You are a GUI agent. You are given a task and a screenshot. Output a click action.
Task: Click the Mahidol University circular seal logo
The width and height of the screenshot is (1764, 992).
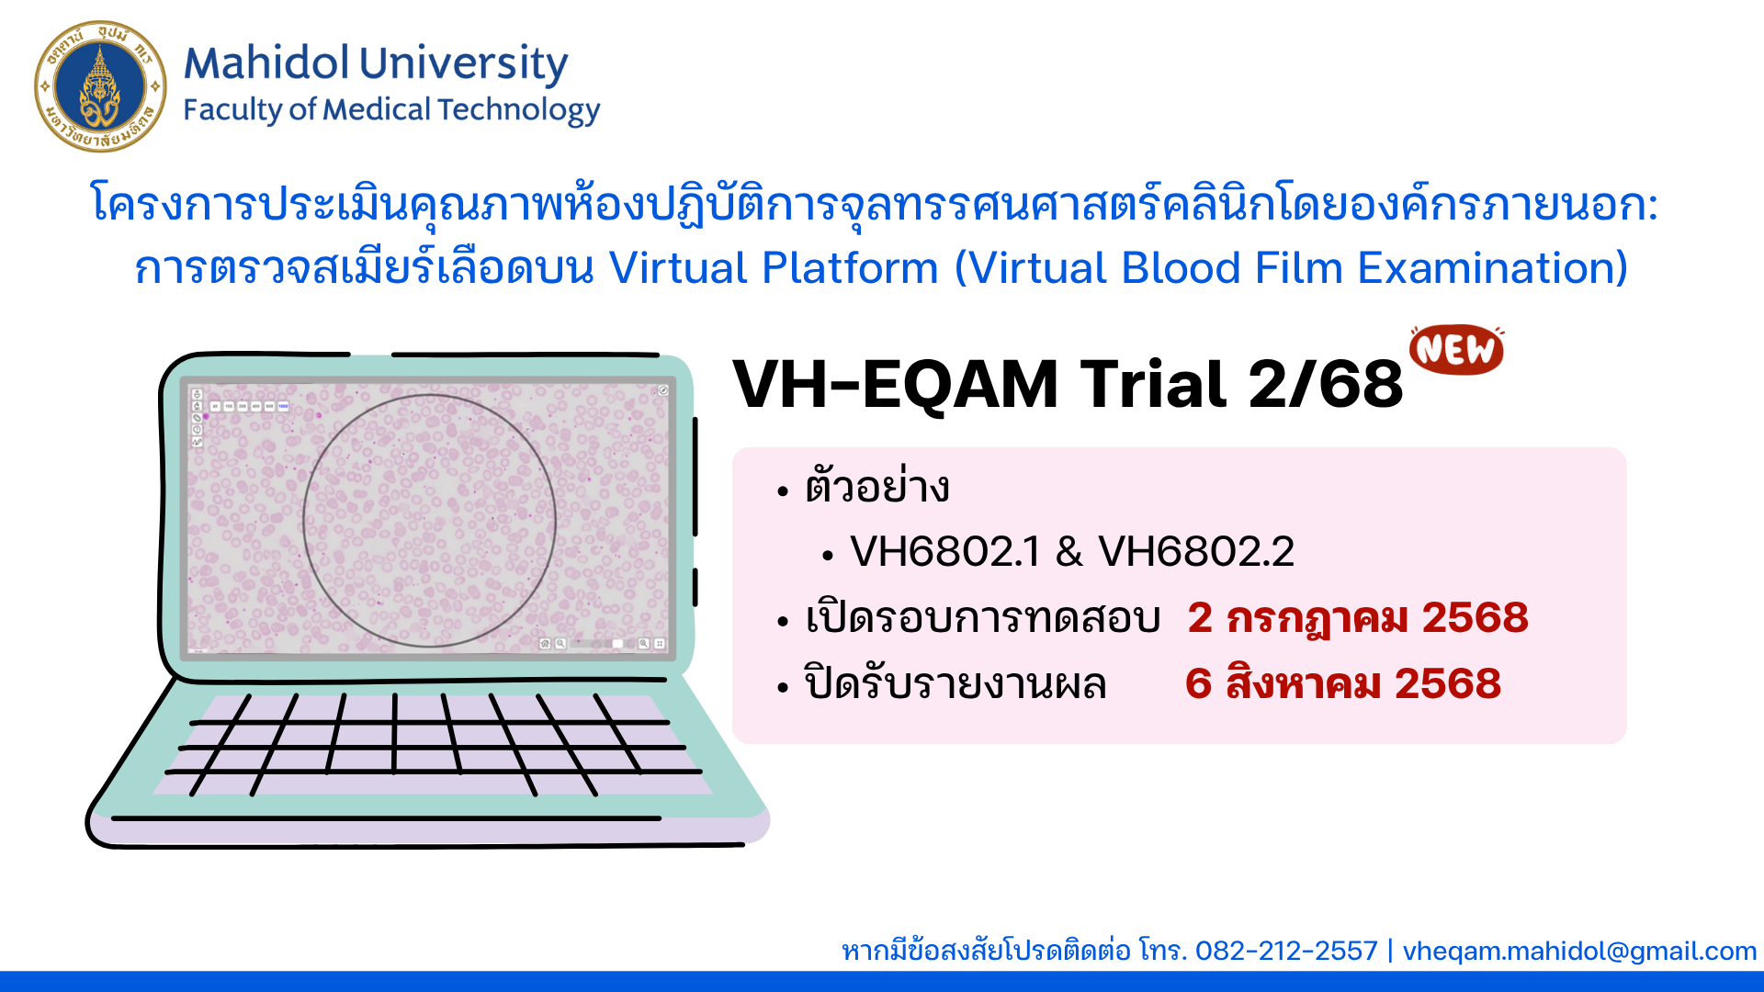click(100, 86)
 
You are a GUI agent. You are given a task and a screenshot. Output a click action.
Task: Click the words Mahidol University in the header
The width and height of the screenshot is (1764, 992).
click(376, 63)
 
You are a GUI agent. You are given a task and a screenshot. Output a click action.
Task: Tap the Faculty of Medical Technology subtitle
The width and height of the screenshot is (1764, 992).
click(391, 110)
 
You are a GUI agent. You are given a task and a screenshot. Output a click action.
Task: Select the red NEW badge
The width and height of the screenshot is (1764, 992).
click(1457, 349)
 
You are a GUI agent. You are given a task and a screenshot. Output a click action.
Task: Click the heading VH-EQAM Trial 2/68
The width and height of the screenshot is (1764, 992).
click(1068, 384)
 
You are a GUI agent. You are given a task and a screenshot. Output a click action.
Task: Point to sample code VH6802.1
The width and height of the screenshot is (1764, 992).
click(945, 551)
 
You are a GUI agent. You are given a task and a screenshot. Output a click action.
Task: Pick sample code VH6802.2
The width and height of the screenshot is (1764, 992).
click(1196, 551)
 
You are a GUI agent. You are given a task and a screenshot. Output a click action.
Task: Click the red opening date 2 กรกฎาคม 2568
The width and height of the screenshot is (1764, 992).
click(1358, 617)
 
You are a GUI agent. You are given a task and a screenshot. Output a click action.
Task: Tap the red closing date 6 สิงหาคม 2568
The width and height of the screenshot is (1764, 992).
click(1343, 683)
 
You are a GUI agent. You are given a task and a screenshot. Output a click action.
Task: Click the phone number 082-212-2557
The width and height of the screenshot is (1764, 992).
click(1286, 951)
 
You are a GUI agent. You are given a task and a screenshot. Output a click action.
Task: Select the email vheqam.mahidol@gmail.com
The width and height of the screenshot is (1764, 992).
click(1579, 952)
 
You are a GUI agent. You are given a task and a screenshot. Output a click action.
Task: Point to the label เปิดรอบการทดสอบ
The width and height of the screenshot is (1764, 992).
click(983, 617)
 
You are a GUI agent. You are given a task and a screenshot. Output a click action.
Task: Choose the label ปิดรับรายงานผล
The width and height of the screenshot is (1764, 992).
click(955, 683)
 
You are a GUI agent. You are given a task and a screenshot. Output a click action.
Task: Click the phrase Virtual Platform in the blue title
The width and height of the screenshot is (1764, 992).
click(774, 268)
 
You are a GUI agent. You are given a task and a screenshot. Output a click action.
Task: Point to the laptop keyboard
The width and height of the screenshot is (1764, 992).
click(432, 744)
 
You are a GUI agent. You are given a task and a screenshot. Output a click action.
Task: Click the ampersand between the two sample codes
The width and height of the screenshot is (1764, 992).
click(1069, 552)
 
